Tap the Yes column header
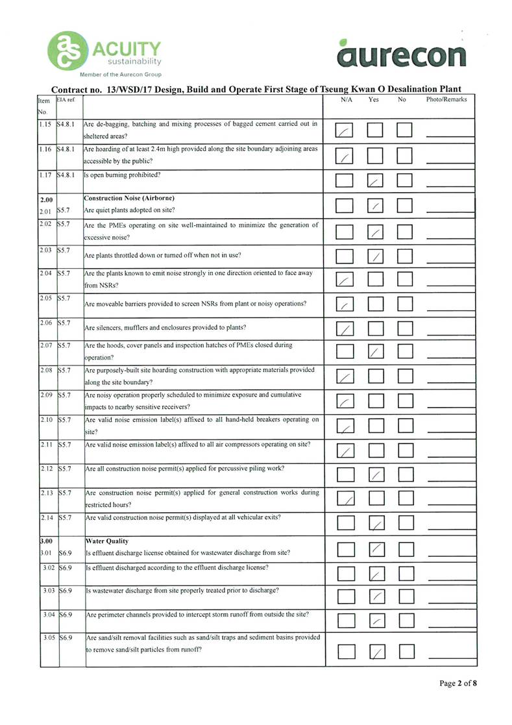click(374, 100)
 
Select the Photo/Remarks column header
click(446, 100)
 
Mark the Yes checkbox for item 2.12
click(376, 476)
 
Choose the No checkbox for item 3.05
click(406, 651)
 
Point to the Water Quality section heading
click(107, 540)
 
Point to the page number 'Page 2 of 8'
click(458, 683)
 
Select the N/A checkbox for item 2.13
click(346, 499)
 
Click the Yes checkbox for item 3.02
click(376, 573)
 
